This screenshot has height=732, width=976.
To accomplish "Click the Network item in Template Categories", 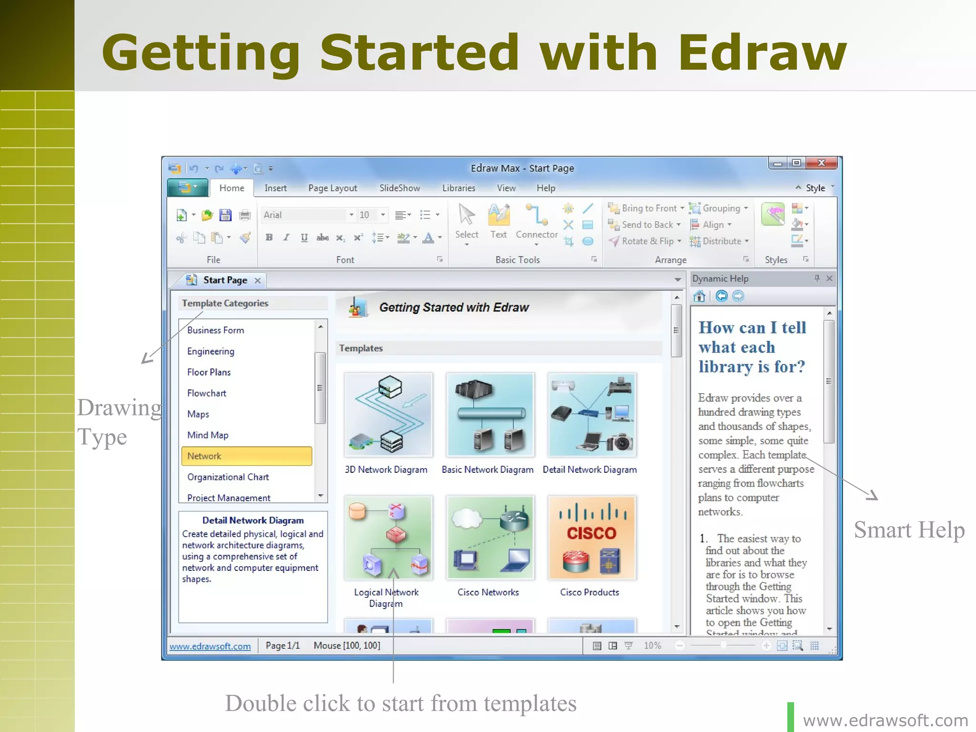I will click(x=204, y=456).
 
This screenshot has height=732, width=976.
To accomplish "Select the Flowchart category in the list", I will click(x=206, y=393).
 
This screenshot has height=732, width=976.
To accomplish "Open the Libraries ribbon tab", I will click(x=458, y=188).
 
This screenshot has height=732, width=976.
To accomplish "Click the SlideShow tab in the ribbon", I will click(x=399, y=188).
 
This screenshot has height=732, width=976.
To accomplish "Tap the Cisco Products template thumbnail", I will click(x=591, y=538).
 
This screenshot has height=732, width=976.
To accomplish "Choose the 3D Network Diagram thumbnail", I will click(x=388, y=415).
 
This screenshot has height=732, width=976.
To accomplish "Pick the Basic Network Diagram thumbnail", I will click(x=490, y=415).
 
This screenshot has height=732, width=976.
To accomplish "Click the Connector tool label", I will click(x=537, y=234).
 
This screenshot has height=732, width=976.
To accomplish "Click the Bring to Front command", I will click(x=649, y=208).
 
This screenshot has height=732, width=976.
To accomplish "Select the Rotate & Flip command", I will click(x=647, y=241).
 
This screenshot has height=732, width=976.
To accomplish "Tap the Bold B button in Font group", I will click(x=269, y=237).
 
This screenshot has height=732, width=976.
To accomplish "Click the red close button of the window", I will click(x=821, y=163).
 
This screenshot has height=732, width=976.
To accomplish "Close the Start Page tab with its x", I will click(x=257, y=281).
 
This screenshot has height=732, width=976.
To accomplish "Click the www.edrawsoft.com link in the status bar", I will click(x=210, y=646).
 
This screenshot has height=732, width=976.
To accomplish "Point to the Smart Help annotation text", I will click(x=909, y=530).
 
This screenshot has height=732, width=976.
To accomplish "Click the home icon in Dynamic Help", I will click(x=699, y=296).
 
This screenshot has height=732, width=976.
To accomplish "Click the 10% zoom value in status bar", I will click(x=652, y=646).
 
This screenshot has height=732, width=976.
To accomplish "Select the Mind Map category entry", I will click(x=208, y=435).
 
